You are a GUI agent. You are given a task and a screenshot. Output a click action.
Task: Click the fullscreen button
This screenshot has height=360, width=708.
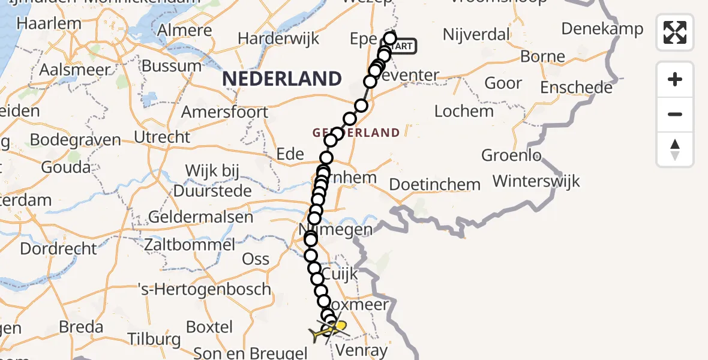click(675, 32)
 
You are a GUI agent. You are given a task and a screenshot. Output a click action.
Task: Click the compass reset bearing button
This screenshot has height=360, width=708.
click(675, 149)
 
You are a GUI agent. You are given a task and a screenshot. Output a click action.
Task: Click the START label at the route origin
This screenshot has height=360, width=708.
click(404, 46)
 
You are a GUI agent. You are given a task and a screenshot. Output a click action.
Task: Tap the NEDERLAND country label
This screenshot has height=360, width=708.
click(281, 79)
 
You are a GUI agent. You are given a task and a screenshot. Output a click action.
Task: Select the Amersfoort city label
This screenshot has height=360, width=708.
click(224, 112)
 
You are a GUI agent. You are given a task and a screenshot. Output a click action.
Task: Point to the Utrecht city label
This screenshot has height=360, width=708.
click(162, 137)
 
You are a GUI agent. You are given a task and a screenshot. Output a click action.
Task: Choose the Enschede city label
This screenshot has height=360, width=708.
click(576, 88)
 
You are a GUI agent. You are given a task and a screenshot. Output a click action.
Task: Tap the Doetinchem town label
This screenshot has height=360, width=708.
click(435, 184)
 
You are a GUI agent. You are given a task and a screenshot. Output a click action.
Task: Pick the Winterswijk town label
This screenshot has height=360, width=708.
click(536, 181)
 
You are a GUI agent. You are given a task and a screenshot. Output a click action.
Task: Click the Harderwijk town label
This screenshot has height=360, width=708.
click(277, 38)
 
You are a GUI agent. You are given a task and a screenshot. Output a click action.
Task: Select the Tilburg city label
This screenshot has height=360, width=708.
click(154, 339)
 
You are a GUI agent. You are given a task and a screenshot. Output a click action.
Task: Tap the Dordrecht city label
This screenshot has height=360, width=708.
click(58, 248)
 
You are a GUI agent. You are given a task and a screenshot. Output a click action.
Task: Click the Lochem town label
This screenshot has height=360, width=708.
click(464, 111)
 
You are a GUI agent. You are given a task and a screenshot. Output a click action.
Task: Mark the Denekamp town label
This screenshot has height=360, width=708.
click(602, 28)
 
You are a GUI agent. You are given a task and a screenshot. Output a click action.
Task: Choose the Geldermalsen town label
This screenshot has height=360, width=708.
click(200, 217)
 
